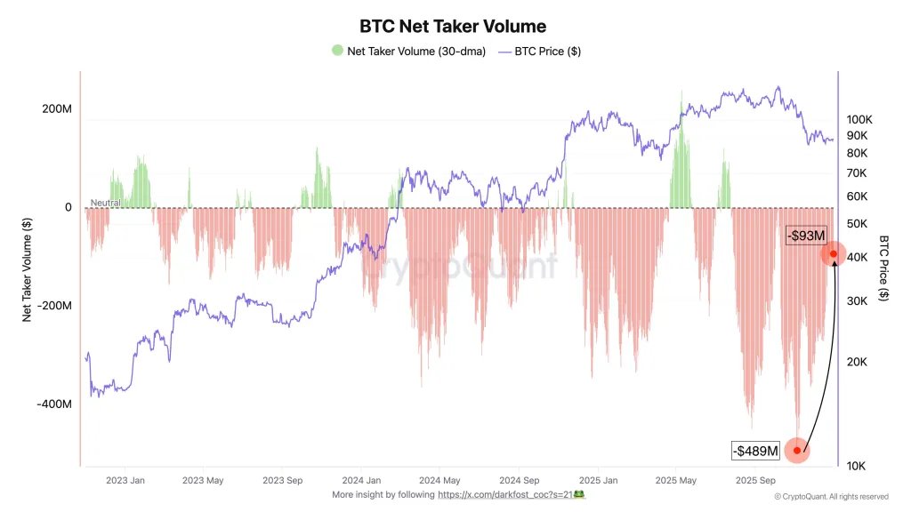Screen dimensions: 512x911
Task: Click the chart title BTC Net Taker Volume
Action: tap(452, 27)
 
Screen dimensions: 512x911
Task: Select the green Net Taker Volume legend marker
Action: tap(337, 51)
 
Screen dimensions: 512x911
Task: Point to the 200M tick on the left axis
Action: tap(56, 109)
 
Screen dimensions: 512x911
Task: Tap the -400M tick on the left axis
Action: tap(54, 404)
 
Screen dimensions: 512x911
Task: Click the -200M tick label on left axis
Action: tap(54, 306)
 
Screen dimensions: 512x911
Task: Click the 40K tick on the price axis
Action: tap(857, 257)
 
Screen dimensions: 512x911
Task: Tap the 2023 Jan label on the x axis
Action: tap(125, 480)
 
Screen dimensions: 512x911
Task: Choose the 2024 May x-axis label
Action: tap(439, 480)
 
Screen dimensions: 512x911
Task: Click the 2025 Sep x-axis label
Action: tap(753, 480)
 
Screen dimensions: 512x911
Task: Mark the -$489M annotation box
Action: tap(756, 452)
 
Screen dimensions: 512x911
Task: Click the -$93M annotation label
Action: tap(806, 235)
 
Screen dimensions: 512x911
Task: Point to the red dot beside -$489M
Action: tap(797, 451)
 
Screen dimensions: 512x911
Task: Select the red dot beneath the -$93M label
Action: tap(834, 254)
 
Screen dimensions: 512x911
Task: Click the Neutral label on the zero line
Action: tap(105, 204)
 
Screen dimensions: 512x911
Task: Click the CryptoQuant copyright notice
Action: tap(831, 497)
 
